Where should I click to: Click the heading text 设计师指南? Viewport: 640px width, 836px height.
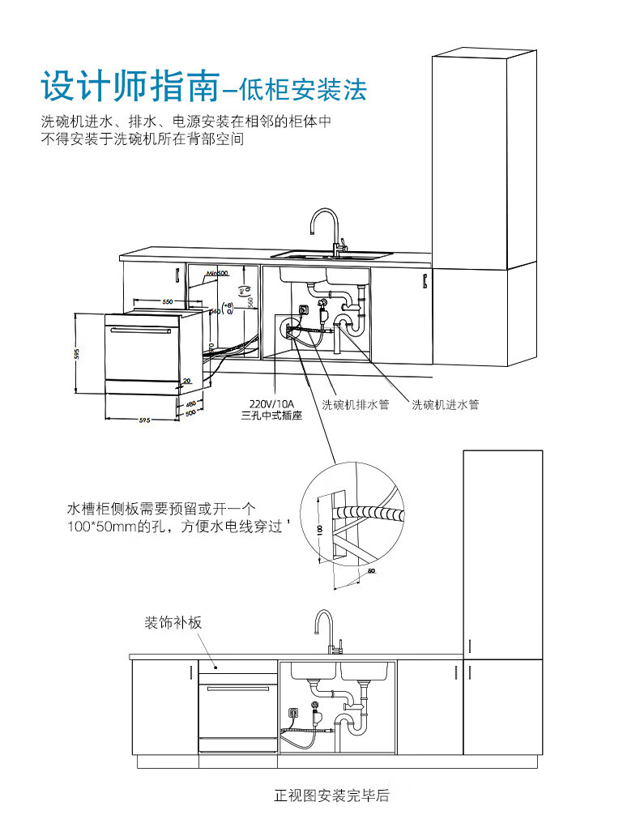point(129,85)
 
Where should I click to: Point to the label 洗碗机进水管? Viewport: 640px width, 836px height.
point(445,404)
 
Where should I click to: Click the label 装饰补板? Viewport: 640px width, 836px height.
point(173,623)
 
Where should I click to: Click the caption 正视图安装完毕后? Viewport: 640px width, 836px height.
point(332,795)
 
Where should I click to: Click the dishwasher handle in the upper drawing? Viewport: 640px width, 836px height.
point(143,330)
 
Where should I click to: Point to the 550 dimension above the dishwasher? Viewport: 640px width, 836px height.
point(167,301)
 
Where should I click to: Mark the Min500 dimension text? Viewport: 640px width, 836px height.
point(216,275)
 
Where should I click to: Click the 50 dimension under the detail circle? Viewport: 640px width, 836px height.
point(371,571)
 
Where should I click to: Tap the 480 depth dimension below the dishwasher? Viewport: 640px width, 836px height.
point(190,404)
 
